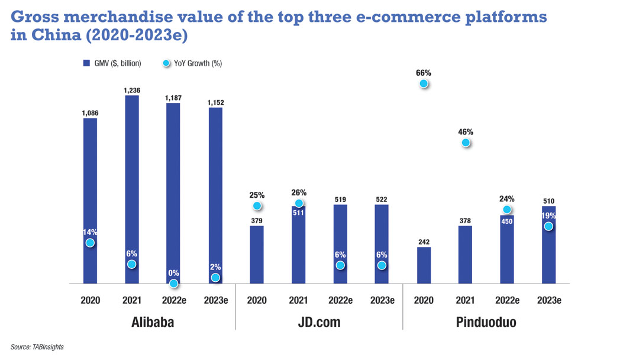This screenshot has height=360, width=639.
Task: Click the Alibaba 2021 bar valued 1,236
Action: click(x=132, y=189)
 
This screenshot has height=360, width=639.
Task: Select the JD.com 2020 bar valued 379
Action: click(x=257, y=255)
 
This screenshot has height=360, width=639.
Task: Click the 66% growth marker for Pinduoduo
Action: click(x=424, y=84)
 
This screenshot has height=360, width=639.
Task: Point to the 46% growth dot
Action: click(x=466, y=143)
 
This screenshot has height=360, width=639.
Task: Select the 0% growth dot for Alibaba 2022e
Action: click(x=173, y=284)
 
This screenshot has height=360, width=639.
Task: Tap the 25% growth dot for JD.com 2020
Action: click(x=257, y=206)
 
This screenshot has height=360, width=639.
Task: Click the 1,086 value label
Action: click(x=90, y=112)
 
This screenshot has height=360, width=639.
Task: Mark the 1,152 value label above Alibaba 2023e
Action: click(x=215, y=102)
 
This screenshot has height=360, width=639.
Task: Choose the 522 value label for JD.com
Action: click(x=382, y=200)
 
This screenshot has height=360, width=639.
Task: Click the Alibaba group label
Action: click(x=153, y=323)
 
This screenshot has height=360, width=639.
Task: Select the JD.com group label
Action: click(x=319, y=323)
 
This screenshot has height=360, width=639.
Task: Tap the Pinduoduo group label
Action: click(x=486, y=323)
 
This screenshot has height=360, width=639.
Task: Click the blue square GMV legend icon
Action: click(x=86, y=63)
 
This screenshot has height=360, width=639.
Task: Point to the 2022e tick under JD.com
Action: click(x=340, y=300)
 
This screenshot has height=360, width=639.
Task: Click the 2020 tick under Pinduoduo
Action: click(x=424, y=300)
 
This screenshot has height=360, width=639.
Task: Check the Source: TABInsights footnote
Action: click(x=37, y=347)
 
